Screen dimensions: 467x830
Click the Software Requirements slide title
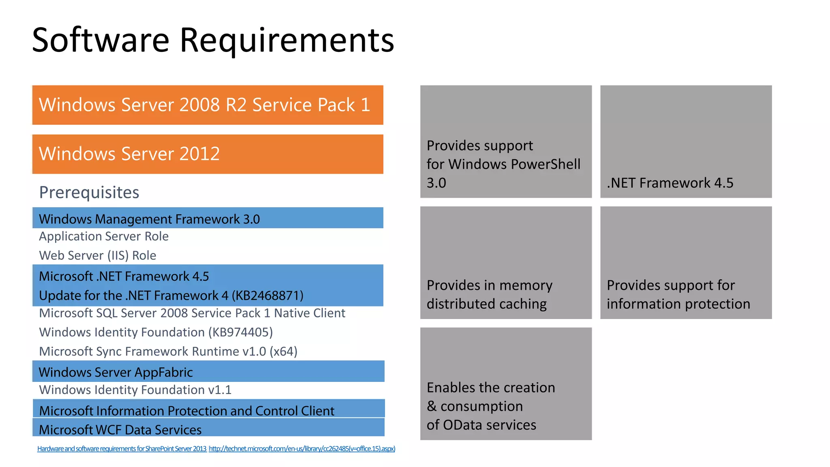pos(213,40)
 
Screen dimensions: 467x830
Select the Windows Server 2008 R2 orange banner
pos(207,105)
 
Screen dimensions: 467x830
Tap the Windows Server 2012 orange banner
pos(207,154)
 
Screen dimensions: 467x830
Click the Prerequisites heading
pos(89,193)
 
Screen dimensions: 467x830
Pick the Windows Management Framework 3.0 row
pos(207,219)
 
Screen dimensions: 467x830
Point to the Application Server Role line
pos(104,236)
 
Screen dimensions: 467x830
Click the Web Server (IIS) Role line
pos(98,255)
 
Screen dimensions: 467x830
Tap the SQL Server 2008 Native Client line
pos(192,313)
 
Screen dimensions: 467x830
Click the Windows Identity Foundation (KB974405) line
pos(156,332)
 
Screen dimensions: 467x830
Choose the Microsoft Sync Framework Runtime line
pos(168,351)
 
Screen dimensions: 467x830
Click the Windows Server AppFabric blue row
pos(207,372)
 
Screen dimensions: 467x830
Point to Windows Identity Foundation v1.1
pos(135,390)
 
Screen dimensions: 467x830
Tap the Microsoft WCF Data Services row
pos(207,428)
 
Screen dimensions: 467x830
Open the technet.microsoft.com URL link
pos(302,448)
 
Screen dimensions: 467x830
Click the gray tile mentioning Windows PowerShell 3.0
pos(506,142)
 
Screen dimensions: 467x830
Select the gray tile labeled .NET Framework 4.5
pos(686,142)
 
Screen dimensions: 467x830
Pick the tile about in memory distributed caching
pos(506,263)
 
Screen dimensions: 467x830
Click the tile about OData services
pos(506,383)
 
